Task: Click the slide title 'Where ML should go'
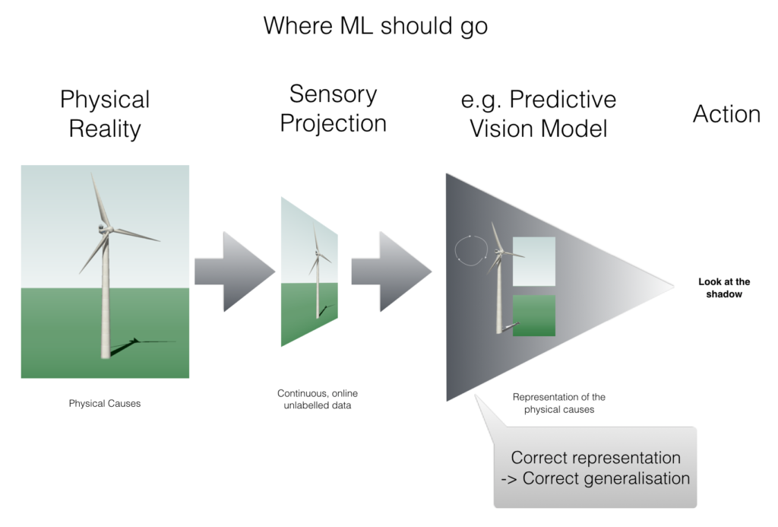coord(375,26)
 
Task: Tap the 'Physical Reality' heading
coord(105,114)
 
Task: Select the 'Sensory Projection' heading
coord(333,108)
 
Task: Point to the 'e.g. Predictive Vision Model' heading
coord(539,114)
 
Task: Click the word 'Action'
coord(726,114)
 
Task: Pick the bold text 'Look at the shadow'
coord(724,287)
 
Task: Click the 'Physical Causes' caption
coord(105,403)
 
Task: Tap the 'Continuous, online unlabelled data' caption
coord(318,399)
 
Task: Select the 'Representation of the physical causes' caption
coord(559,403)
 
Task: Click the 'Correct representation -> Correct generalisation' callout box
coord(596,467)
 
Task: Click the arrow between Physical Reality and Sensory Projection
coord(234,271)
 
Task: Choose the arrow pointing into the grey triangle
coord(391,271)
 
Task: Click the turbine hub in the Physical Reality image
coord(103,229)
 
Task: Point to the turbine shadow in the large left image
coord(141,346)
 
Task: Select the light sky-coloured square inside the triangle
coord(534,262)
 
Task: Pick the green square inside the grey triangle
coord(534,316)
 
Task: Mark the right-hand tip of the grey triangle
coord(674,286)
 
